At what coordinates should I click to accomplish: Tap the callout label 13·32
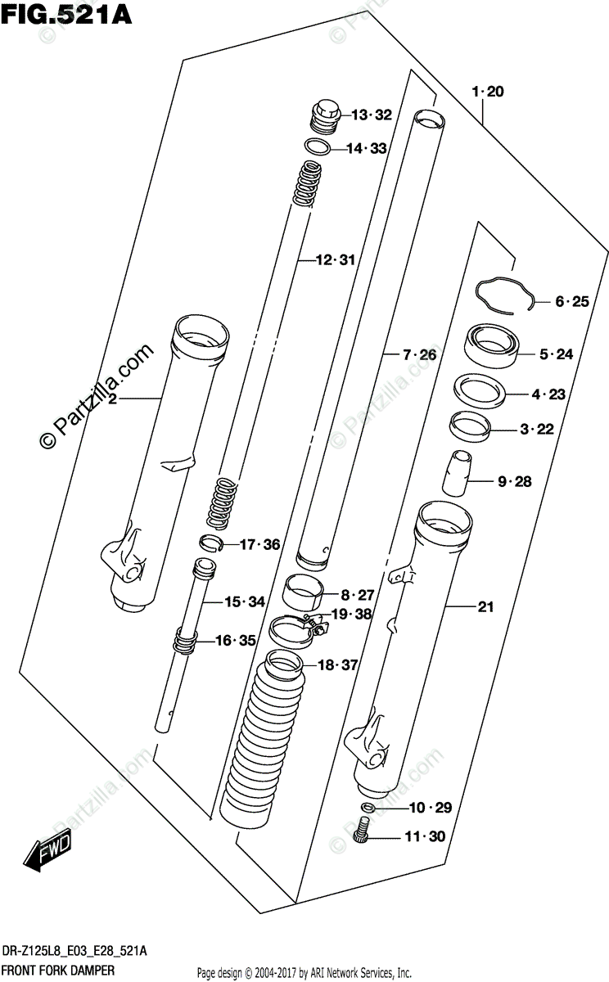[372, 115]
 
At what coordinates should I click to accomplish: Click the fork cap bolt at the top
[324, 114]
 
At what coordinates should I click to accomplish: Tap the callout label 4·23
[548, 394]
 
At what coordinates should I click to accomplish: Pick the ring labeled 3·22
[471, 426]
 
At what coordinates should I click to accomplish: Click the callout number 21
[485, 606]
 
